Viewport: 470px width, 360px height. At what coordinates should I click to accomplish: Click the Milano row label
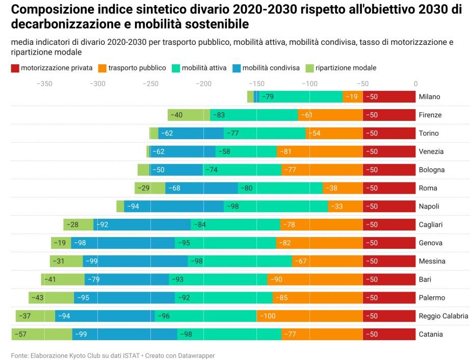pos(429,97)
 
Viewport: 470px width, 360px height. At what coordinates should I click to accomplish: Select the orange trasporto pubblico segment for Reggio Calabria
pos(309,316)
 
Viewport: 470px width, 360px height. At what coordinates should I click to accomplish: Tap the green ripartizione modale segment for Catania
pos(42,335)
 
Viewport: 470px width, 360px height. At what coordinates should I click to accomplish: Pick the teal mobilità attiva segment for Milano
pos(301,97)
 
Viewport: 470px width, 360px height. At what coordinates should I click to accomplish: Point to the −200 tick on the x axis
pos(203,84)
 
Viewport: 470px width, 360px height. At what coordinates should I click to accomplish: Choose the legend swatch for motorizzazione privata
pos(14,68)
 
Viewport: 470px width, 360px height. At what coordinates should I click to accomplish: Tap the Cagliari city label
pos(431,225)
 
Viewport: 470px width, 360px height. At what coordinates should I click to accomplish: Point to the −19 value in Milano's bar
pos(352,97)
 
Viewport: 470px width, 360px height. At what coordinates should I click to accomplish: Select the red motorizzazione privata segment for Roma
pos(389,188)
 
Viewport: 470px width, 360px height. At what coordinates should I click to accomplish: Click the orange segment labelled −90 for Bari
pos(315,279)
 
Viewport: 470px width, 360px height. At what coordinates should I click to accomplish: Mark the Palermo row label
pos(432,298)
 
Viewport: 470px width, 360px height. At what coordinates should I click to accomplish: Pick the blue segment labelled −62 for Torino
pos(191,134)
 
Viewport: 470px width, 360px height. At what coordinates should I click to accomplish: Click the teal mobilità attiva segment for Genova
pos(225,243)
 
